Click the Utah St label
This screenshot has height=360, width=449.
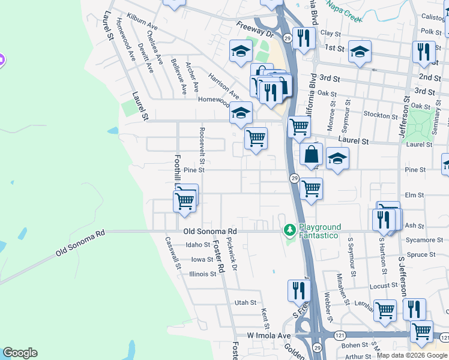click(246, 303)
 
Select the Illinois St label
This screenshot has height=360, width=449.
click(203, 274)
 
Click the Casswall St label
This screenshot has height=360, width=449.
click(172, 253)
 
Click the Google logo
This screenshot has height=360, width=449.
click(20, 353)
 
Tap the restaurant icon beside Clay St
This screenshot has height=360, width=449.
click(304, 38)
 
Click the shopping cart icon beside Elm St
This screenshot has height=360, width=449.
click(311, 188)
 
